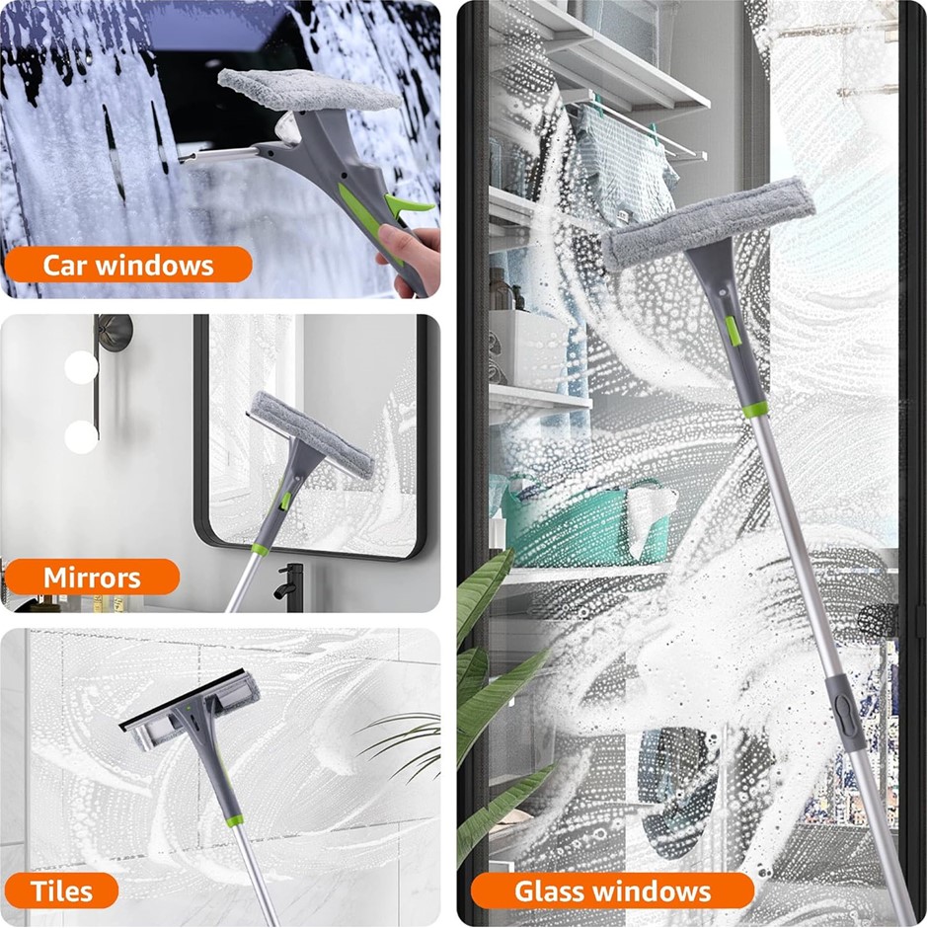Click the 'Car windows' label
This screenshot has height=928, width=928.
[127, 265]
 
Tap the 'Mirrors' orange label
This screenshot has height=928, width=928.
[92, 577]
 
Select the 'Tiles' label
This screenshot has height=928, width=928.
[61, 890]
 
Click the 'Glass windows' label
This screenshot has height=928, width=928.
[612, 890]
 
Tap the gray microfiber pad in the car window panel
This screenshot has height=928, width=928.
[308, 90]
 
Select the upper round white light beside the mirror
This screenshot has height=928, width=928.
[81, 367]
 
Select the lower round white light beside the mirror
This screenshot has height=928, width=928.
[81, 436]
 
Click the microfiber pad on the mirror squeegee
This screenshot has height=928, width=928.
[312, 433]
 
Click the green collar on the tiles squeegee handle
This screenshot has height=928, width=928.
[235, 820]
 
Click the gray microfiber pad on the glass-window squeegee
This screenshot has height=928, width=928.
[708, 224]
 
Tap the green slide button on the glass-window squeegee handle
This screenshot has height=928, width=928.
[733, 331]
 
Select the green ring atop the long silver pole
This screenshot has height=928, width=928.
[756, 410]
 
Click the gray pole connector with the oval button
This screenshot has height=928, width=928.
[844, 707]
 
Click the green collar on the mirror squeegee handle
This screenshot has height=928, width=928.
[260, 549]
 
